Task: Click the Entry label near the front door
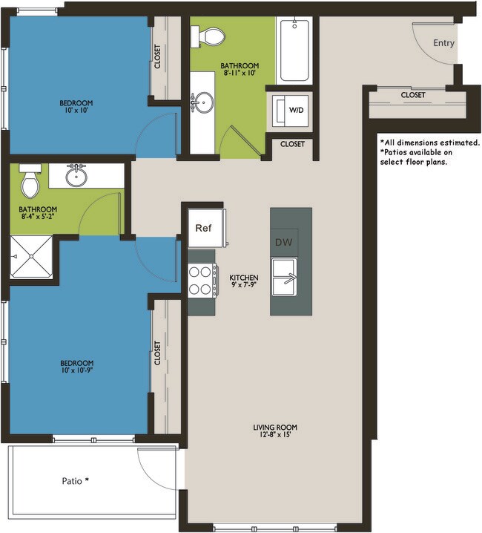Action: (443, 43)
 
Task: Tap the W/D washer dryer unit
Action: (295, 111)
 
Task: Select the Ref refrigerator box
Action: (204, 228)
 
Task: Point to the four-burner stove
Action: (203, 281)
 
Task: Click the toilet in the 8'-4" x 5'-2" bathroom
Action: (30, 180)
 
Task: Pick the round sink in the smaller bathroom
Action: (75, 176)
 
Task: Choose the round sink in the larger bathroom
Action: (201, 102)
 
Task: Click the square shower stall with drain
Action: (33, 257)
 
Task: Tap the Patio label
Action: (75, 480)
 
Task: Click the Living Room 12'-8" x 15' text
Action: (275, 431)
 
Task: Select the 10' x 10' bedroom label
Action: (77, 107)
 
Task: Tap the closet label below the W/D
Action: (292, 144)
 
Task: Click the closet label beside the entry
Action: (413, 95)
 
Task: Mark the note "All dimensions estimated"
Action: (429, 142)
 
